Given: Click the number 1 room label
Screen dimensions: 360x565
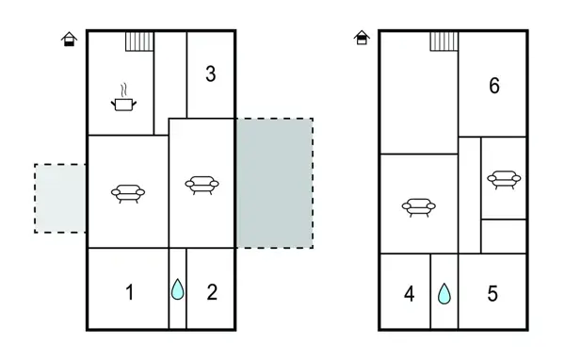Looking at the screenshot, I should point(130,292).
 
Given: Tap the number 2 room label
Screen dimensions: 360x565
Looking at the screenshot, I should point(212,292).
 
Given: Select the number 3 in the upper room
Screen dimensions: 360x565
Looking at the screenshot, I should point(211,74).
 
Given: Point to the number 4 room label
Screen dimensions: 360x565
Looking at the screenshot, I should point(409,295).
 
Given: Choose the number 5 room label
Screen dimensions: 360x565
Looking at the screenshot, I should point(492,295).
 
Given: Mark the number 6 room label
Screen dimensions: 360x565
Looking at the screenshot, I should point(494,86).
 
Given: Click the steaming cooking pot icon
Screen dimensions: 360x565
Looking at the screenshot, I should point(123,99).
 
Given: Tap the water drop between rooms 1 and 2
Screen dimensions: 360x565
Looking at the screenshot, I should point(178,289).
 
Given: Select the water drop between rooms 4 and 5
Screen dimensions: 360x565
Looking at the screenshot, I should point(444,294).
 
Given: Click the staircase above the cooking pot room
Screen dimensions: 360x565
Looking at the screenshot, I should point(139,41).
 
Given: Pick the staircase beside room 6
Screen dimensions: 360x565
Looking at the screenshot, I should point(444,41).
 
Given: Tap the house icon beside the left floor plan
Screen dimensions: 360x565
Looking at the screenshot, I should point(69,39).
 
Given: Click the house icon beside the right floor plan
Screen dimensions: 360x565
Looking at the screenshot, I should point(362,38).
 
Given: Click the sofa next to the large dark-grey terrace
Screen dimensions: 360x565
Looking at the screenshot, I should point(202,184).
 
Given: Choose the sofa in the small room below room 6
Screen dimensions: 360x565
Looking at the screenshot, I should point(503,178).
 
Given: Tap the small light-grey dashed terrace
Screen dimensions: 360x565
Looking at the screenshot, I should point(60,198).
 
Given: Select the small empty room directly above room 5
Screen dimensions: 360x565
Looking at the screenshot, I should point(503,236).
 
